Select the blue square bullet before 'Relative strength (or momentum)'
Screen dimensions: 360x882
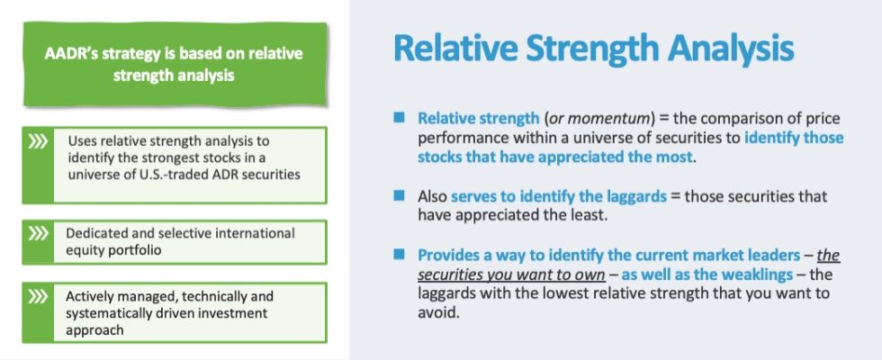click(x=400, y=119)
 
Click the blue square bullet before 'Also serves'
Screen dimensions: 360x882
click(x=400, y=194)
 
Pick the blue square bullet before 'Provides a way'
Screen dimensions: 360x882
click(x=400, y=255)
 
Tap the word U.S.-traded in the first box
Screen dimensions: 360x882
click(x=152, y=172)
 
